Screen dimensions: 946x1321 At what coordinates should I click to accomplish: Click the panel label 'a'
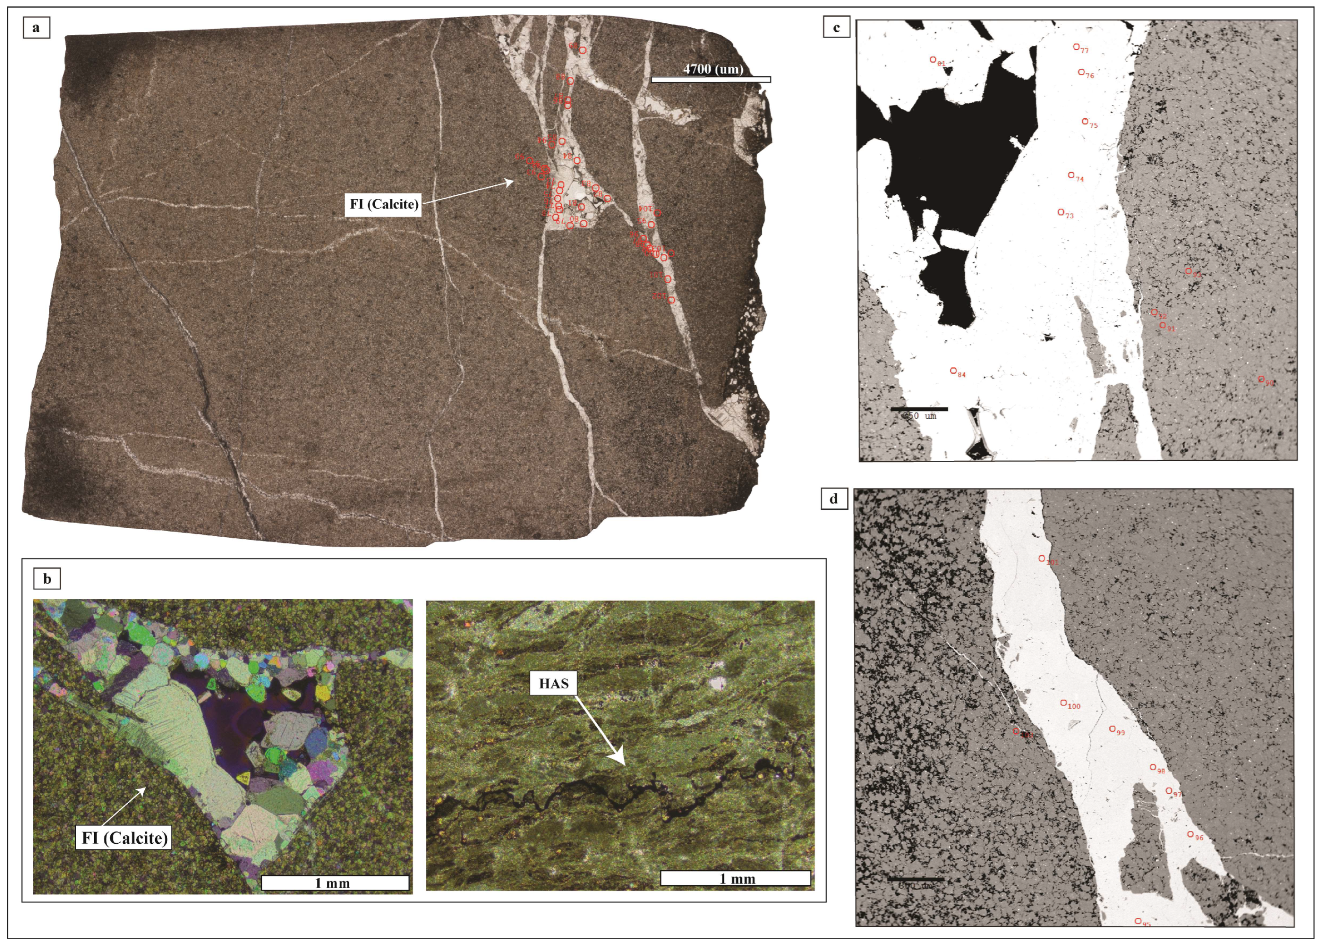point(36,27)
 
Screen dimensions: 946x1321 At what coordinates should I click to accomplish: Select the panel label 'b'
point(47,579)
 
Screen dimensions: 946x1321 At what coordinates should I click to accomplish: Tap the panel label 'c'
point(836,27)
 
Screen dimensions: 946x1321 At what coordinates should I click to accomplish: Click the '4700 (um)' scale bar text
point(713,69)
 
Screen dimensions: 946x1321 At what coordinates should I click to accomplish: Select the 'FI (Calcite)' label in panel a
point(384,204)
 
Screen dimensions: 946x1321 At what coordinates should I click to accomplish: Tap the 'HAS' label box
point(553,684)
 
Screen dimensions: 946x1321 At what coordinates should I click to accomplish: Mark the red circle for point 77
point(1076,47)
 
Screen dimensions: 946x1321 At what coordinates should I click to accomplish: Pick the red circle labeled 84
point(953,371)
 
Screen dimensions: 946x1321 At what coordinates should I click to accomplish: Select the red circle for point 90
point(1261,379)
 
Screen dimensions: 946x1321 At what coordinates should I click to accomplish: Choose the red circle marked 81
point(932,60)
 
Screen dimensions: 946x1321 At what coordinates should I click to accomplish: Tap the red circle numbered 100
point(1063,703)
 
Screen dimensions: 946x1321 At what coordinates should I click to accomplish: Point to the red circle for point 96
point(1191,834)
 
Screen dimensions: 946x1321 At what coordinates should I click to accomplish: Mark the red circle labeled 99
point(1112,729)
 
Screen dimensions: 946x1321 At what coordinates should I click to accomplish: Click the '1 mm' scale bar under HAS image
point(736,878)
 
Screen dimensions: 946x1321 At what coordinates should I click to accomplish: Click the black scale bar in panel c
point(919,409)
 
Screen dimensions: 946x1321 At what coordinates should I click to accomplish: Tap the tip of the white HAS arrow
point(623,764)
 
